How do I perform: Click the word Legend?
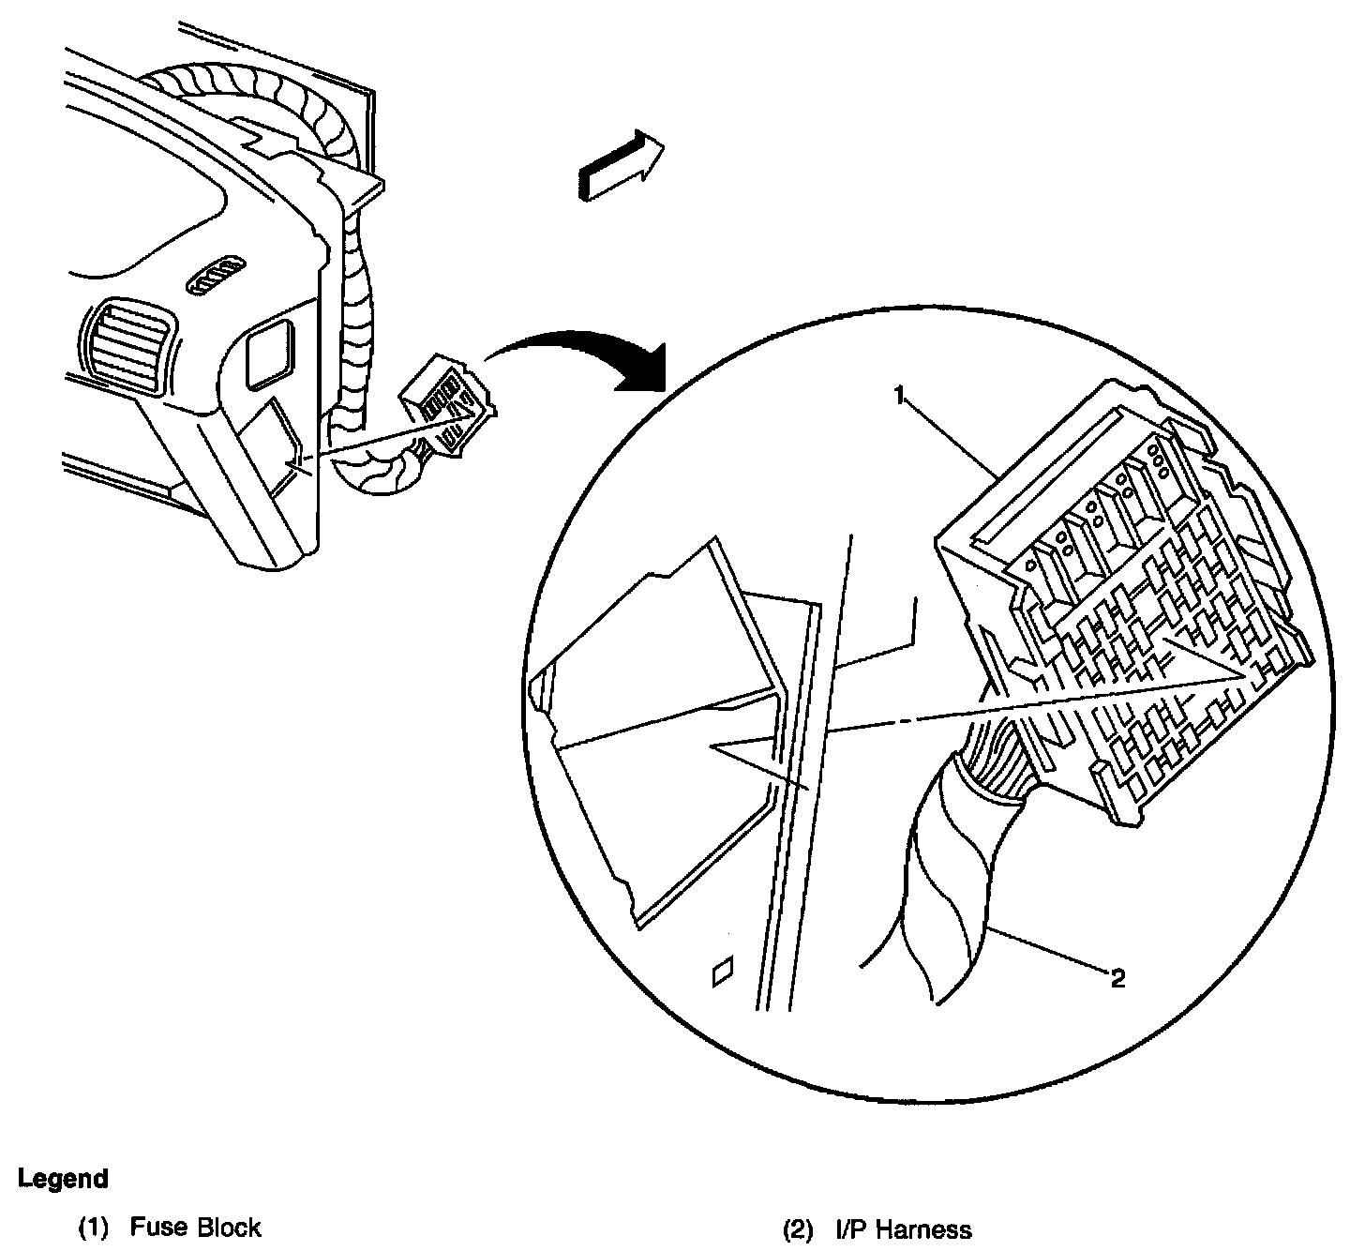64,1178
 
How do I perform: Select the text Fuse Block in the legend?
195,1228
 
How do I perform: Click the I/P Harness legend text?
904,1228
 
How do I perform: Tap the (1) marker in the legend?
94,1228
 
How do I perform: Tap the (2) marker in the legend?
798,1228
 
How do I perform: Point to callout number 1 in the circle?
897,397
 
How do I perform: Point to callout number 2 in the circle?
1117,979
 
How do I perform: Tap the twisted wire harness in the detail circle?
947,882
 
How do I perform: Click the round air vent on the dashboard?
127,341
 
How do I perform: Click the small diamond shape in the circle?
723,972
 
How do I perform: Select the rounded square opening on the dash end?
270,351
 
